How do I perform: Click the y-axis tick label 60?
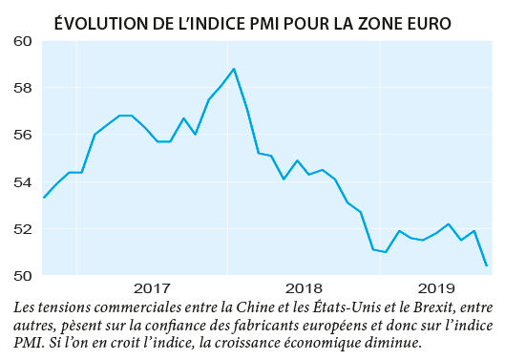(x=22, y=42)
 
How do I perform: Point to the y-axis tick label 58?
(x=22, y=89)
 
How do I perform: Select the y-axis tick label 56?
(x=22, y=136)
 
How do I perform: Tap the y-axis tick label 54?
(x=22, y=182)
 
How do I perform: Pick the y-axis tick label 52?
(x=22, y=229)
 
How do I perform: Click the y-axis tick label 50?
(x=22, y=276)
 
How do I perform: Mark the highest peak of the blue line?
(x=234, y=69)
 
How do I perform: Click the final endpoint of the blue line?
(x=487, y=265)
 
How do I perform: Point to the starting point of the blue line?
(x=44, y=198)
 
